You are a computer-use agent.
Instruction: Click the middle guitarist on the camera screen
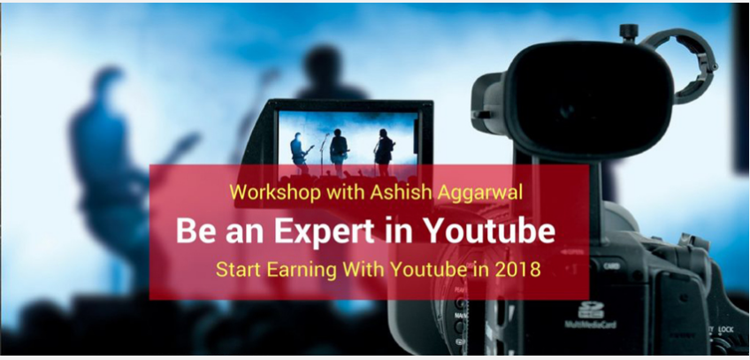pos(339,151)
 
